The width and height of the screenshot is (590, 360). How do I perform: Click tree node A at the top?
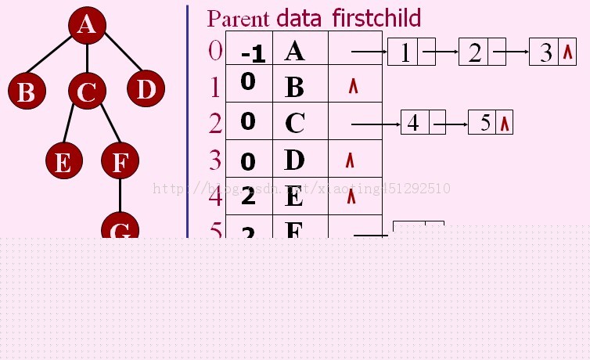87,25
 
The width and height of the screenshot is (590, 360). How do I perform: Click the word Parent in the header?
237,18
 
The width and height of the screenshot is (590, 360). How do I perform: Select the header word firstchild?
376,17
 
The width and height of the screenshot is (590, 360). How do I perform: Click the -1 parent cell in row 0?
253,52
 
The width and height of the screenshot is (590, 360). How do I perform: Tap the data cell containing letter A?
295,52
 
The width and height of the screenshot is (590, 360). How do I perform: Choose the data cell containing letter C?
295,123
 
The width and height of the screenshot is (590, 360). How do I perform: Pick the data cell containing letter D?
294,160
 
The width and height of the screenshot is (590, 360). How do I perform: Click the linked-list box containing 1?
404,52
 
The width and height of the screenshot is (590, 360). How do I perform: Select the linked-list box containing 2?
474,52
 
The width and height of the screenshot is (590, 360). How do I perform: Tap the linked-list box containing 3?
545,52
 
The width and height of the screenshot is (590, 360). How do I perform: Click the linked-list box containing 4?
414,123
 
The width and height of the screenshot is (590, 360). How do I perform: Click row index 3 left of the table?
215,160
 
